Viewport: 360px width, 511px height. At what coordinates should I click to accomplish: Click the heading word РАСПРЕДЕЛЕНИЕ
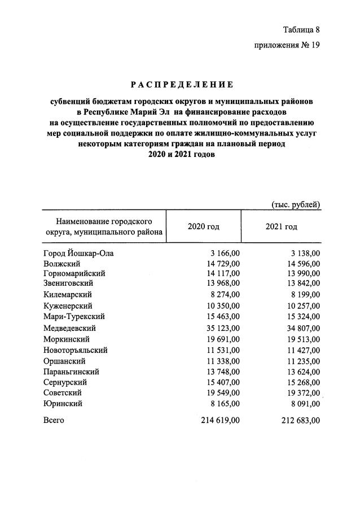click(x=182, y=85)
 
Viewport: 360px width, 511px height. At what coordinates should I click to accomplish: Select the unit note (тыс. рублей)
click(x=296, y=204)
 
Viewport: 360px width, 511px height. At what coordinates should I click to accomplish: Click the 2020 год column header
click(x=203, y=226)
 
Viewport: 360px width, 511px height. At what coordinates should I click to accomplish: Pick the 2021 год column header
click(x=281, y=226)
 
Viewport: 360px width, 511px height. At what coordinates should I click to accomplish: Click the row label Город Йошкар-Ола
click(x=78, y=254)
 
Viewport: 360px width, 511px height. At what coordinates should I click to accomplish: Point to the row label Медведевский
click(x=69, y=327)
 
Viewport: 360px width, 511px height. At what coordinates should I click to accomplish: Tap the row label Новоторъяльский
click(x=75, y=350)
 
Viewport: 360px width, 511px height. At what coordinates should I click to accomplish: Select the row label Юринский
click(x=63, y=404)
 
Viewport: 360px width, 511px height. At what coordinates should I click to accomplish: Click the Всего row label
click(x=54, y=421)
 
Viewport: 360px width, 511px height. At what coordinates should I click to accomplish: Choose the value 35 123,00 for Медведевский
click(x=222, y=327)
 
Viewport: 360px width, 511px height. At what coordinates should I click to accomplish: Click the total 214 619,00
click(x=221, y=421)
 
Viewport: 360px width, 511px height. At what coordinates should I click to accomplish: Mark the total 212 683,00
click(x=300, y=421)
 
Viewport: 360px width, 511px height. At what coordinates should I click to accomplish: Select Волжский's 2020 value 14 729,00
click(x=222, y=264)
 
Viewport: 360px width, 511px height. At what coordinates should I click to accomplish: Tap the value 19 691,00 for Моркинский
click(x=222, y=339)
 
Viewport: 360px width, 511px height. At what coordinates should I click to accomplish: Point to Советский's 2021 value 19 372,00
click(x=301, y=392)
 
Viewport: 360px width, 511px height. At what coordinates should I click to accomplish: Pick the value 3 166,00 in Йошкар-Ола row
click(x=224, y=254)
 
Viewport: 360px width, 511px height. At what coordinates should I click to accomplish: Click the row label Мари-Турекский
click(x=74, y=317)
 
